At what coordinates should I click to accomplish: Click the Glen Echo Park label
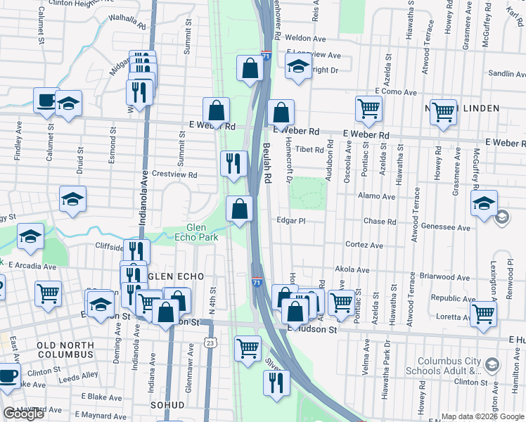[198, 232]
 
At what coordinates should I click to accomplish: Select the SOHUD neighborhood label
[167, 405]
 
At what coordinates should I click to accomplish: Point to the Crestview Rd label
[174, 174]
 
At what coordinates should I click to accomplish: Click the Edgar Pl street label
[291, 221]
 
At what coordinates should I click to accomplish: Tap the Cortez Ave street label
[364, 245]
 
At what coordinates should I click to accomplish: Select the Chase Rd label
[380, 222]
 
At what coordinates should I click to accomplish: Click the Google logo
[23, 414]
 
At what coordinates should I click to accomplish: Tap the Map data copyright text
[482, 416]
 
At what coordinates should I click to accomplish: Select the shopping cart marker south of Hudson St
[248, 347]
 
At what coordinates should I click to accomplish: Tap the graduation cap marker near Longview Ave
[298, 68]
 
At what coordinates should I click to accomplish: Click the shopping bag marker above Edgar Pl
[240, 208]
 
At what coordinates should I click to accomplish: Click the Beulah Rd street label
[267, 164]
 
